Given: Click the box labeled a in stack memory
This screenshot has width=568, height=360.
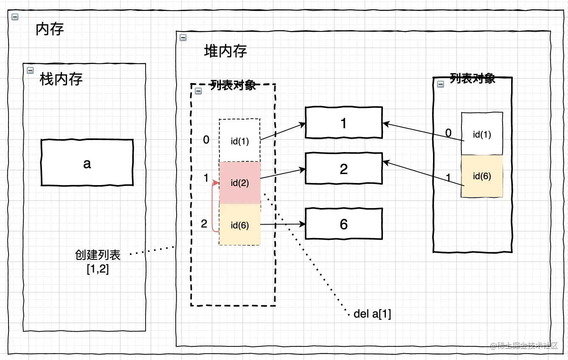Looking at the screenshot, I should [87, 163].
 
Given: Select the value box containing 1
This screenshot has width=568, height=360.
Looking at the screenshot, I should [343, 123].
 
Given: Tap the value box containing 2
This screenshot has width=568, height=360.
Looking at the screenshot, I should [343, 169].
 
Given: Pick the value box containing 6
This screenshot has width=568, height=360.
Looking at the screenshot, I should [343, 224].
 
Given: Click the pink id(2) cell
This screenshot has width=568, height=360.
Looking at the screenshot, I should [239, 183].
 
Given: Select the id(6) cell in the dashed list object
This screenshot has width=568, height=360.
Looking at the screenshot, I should [239, 225].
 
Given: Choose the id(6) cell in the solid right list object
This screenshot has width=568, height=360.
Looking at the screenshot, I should [482, 176].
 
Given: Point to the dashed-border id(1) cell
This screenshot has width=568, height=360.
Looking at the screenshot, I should [239, 141].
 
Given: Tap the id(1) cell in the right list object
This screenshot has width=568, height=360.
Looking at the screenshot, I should [482, 134].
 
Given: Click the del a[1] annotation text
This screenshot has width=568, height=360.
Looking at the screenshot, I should [372, 314].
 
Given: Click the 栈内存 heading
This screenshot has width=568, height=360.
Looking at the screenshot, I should [61, 79].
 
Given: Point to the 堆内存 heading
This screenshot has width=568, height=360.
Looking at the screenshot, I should [225, 51].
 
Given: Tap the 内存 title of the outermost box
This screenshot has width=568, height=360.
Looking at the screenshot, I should [50, 29].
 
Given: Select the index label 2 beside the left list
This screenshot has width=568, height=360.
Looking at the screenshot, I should [204, 223].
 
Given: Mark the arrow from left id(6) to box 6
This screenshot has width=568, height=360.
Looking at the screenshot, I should [282, 224].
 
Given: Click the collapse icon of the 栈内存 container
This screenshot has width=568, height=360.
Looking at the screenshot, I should [30, 70].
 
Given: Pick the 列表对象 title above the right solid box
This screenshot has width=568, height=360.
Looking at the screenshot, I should [472, 79].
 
